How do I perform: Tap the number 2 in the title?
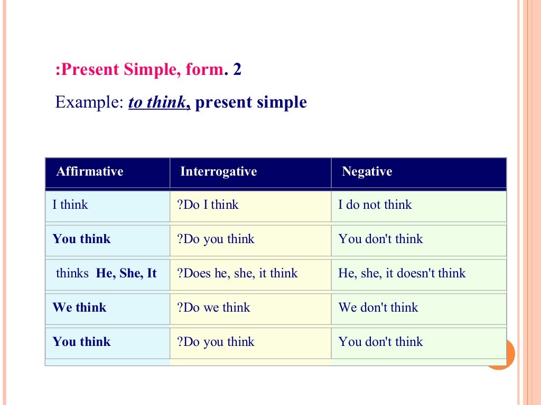[x=237, y=70]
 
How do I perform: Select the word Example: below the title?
[x=89, y=102]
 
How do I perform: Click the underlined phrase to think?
[x=158, y=102]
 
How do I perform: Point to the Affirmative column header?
[x=90, y=171]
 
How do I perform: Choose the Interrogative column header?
[x=218, y=171]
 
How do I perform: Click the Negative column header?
[x=367, y=171]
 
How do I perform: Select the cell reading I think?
[x=70, y=205]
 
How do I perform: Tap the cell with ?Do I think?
[x=208, y=205]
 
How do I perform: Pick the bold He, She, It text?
[x=126, y=273]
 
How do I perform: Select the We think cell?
[x=79, y=307]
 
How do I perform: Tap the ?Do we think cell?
[x=213, y=307]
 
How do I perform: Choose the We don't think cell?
[x=378, y=307]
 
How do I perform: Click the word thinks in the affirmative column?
[x=72, y=273]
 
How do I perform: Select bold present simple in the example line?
[x=251, y=102]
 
